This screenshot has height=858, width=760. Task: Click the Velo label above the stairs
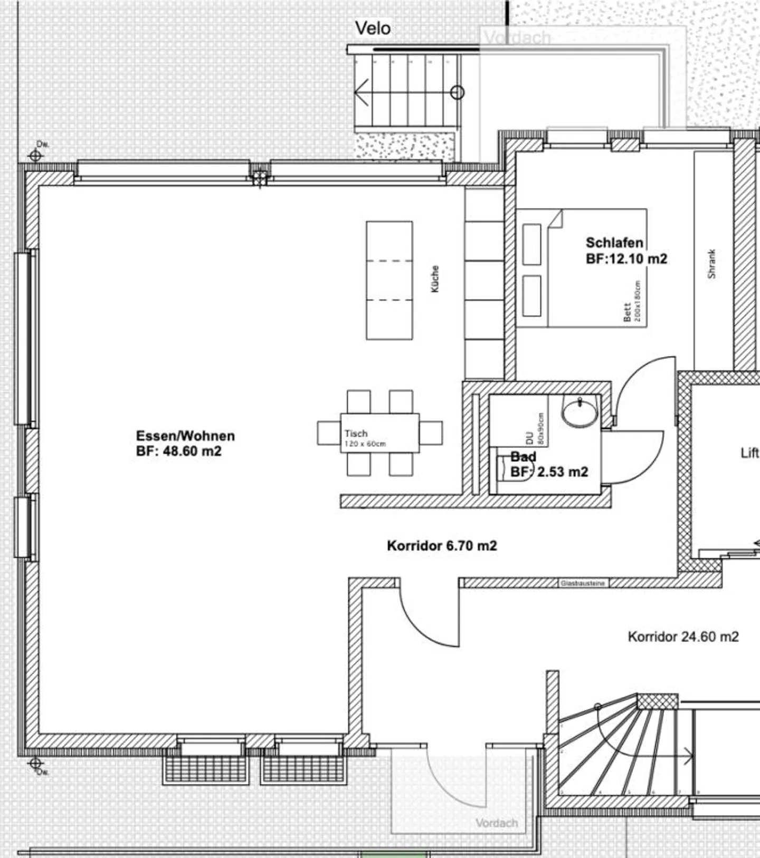[x=373, y=28]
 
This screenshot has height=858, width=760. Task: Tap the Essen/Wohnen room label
[x=185, y=443]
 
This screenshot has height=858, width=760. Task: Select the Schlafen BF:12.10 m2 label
[x=626, y=250]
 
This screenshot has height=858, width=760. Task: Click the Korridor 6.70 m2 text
[x=442, y=545]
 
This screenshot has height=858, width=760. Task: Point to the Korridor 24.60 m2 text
[x=683, y=637]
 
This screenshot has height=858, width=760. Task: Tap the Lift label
[x=749, y=453]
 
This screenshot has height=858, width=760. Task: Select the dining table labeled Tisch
[x=379, y=433]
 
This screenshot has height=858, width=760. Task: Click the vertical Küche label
[x=434, y=278]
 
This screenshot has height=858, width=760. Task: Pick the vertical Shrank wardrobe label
[x=711, y=264]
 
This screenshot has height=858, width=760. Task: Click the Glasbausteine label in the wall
[x=583, y=583]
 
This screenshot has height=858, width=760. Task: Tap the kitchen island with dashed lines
[x=389, y=280]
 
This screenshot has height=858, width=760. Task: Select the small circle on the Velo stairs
[x=458, y=93]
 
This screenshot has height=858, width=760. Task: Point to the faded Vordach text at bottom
[x=496, y=823]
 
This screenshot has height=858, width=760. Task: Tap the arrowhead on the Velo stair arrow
[x=357, y=93]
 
